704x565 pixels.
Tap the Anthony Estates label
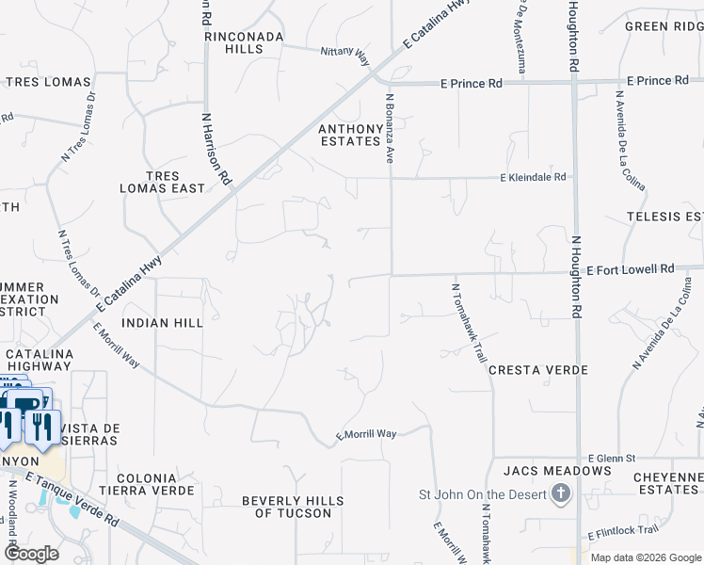[x=351, y=135]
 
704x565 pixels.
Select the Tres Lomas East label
[x=162, y=182]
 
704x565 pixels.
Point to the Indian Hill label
[x=163, y=322]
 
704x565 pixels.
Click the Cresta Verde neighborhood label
[x=537, y=370]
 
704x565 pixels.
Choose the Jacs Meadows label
[x=557, y=470]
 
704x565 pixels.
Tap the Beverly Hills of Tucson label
[x=293, y=507]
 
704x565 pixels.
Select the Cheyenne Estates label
[x=667, y=483]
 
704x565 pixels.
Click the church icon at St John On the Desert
[x=561, y=494]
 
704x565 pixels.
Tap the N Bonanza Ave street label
[x=388, y=126]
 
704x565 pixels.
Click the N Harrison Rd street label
[x=216, y=148]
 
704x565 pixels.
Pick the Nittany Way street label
[x=344, y=56]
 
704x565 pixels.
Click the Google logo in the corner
[x=30, y=554]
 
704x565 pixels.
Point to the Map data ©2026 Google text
[x=645, y=557]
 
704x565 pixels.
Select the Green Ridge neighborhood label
[x=664, y=26]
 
